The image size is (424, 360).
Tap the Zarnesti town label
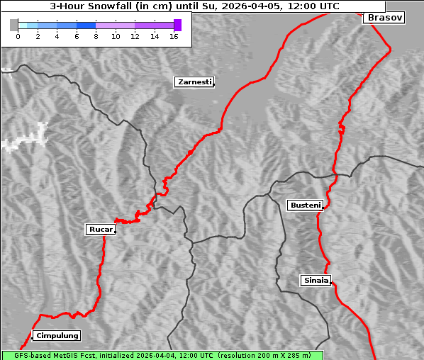[x=194, y=82]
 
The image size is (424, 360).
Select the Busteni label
[x=305, y=206]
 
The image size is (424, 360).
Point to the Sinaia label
[x=316, y=280]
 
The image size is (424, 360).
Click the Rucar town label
[x=100, y=230]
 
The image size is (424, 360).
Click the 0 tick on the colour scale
[x=18, y=35]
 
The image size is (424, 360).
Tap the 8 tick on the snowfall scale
[x=96, y=35]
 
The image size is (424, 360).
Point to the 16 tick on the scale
[x=174, y=35]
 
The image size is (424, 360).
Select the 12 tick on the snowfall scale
[x=135, y=35]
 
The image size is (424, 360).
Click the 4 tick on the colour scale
[x=57, y=35]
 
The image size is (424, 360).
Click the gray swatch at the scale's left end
[x=14, y=25]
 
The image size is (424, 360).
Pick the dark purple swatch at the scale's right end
[x=177, y=25]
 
